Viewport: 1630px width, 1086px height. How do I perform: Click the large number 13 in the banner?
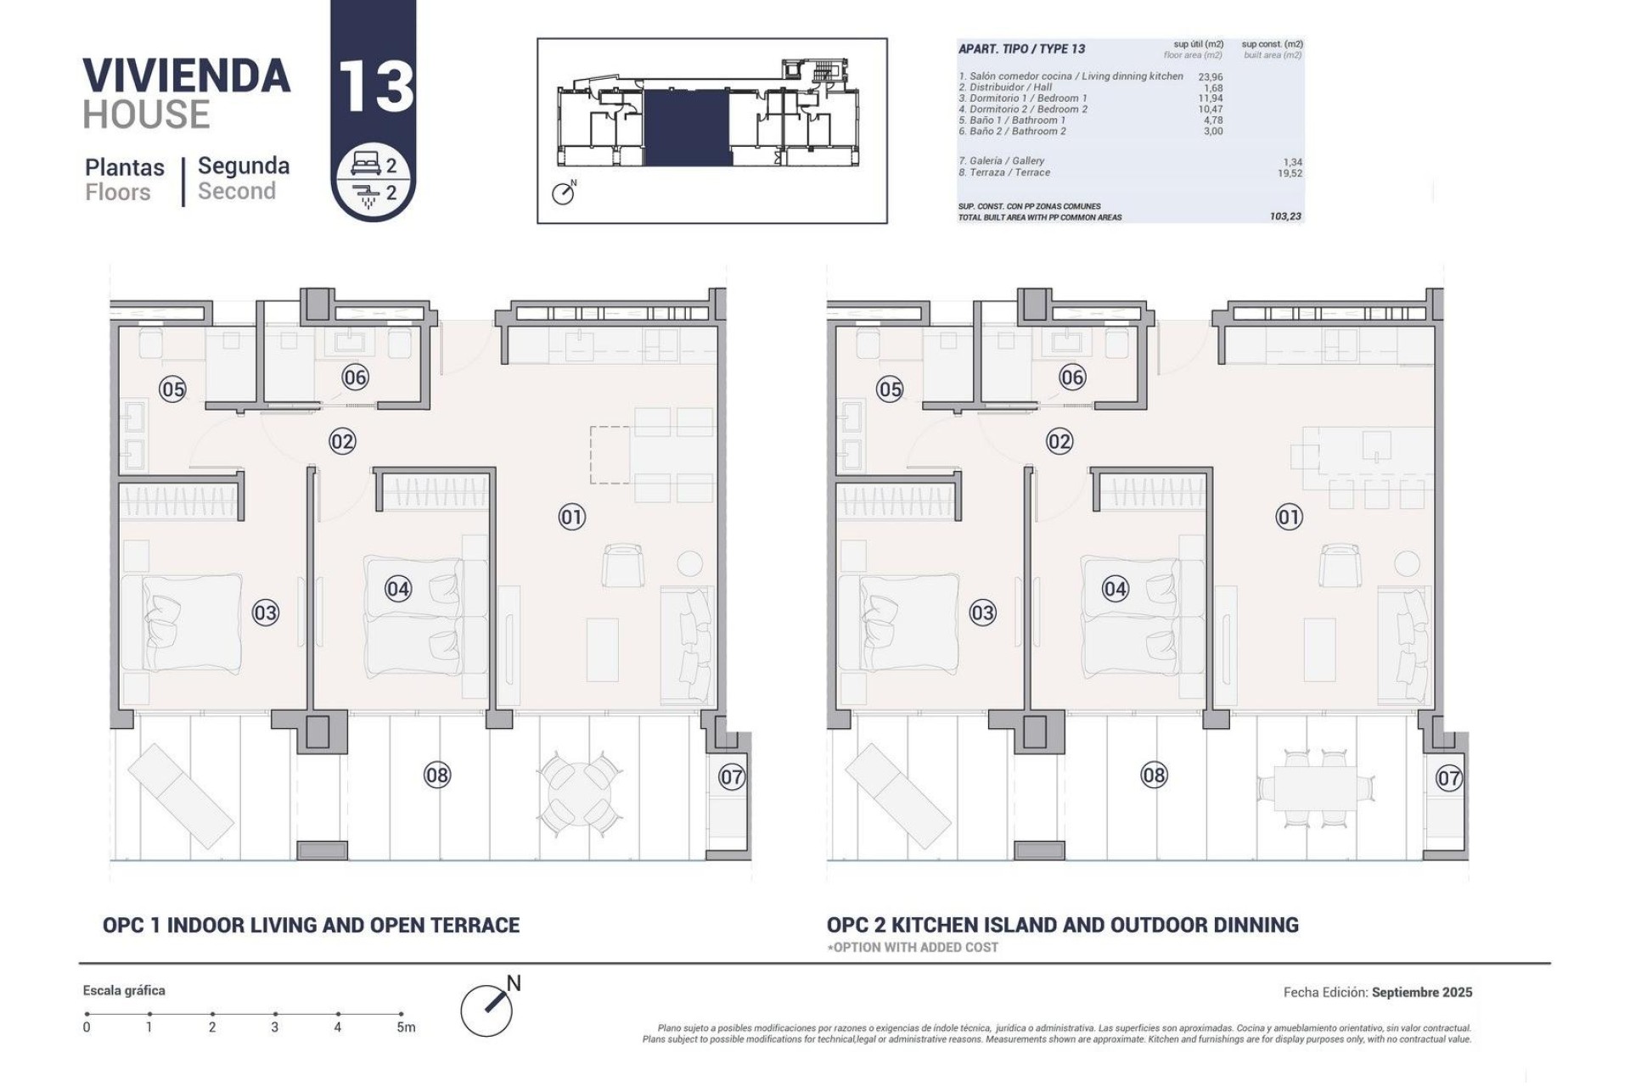(x=375, y=87)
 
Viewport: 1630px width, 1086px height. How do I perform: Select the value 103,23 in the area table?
(x=1285, y=217)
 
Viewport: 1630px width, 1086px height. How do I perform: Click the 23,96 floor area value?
(x=1211, y=77)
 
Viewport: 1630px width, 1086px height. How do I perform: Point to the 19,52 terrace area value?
(x=1289, y=173)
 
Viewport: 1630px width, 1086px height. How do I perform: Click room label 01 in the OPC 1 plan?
(x=571, y=517)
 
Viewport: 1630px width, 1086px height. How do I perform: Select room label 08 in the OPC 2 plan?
(x=1154, y=775)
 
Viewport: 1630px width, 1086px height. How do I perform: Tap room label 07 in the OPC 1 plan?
(x=732, y=776)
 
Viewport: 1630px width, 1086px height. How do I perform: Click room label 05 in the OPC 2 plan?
(x=890, y=389)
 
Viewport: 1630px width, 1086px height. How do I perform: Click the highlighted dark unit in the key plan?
(x=688, y=127)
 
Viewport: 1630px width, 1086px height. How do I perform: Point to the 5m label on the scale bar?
(x=406, y=1027)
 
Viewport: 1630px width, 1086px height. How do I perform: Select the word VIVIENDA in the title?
(x=187, y=76)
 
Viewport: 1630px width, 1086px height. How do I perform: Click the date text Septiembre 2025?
(x=1422, y=992)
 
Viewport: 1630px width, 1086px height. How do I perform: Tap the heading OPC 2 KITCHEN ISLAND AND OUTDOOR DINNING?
(x=1062, y=925)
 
